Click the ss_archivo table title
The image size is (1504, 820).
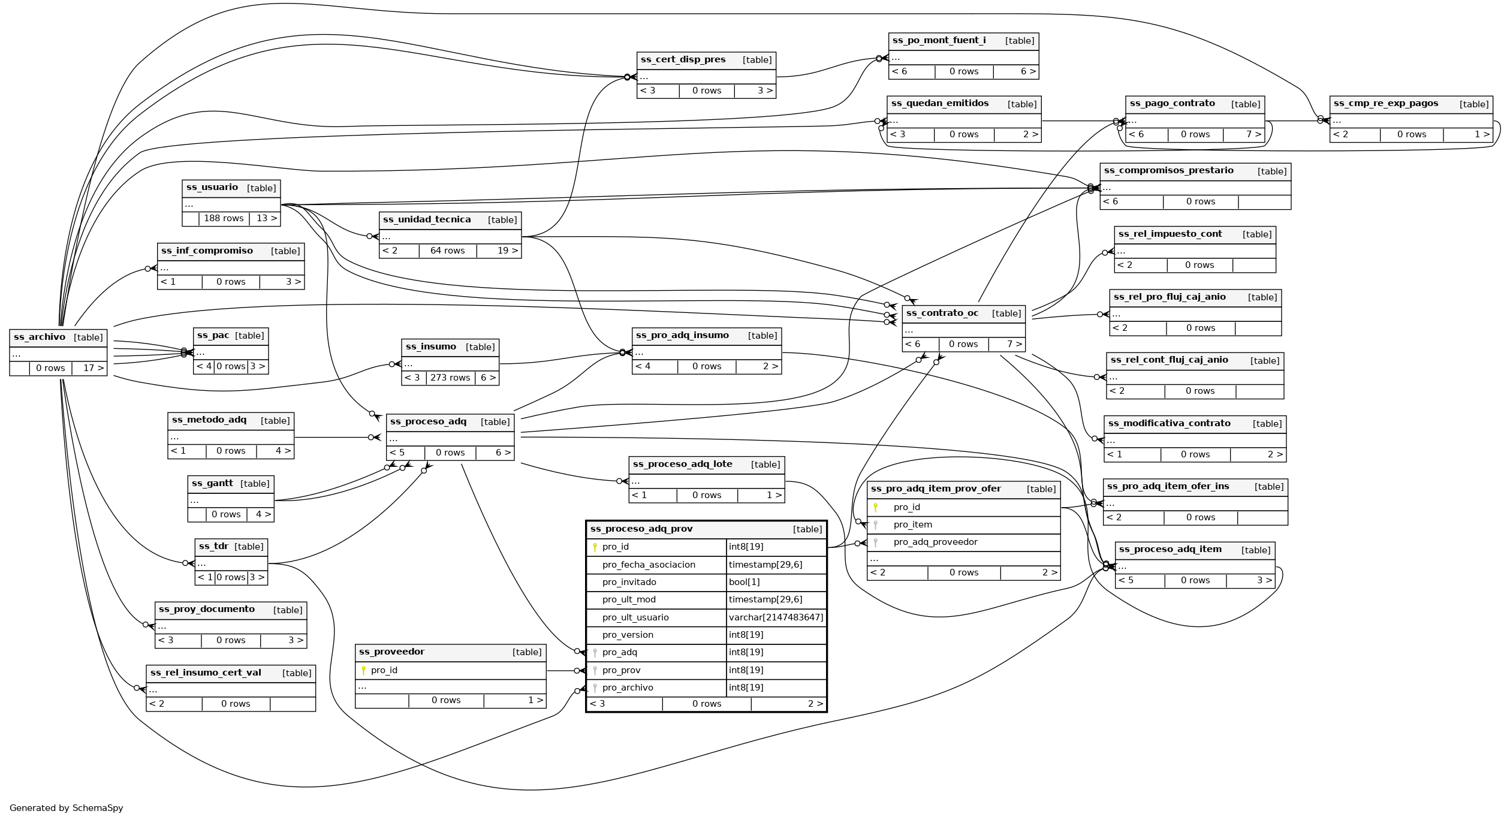tap(40, 337)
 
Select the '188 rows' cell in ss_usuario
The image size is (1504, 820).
tap(224, 218)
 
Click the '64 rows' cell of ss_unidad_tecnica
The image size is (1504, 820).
tap(447, 251)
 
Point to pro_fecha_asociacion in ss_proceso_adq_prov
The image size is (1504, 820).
tap(649, 565)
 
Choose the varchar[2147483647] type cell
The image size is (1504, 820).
tap(776, 617)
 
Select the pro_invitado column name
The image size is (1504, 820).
tap(629, 582)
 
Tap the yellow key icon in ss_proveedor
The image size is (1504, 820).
tap(363, 670)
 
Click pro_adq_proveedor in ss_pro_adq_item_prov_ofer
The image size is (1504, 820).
tap(935, 542)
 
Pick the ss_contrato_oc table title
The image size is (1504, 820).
tap(942, 313)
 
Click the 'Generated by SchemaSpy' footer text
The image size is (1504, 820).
tap(66, 808)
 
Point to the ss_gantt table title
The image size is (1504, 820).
tap(212, 484)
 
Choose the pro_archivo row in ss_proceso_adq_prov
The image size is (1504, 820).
tap(628, 688)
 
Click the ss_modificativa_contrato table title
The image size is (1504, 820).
tap(1169, 424)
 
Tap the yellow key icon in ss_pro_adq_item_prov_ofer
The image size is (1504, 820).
tap(875, 508)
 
